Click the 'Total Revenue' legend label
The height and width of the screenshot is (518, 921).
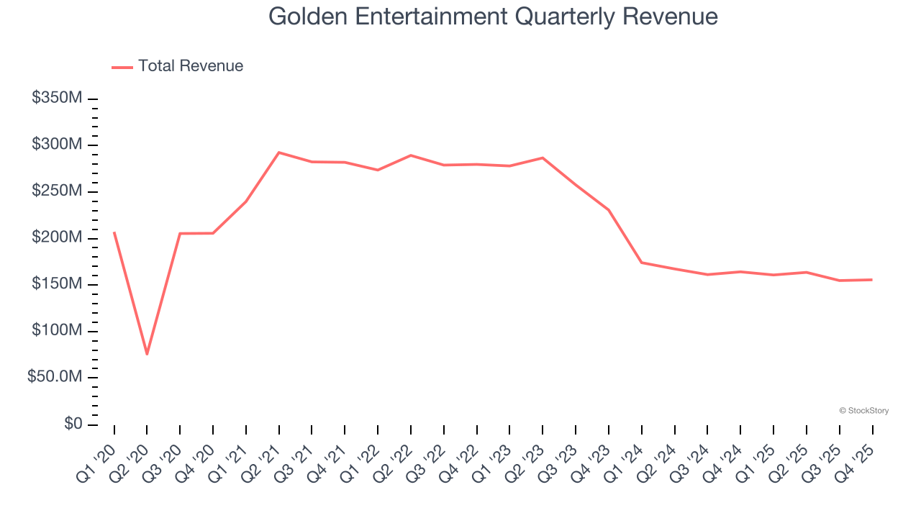191,66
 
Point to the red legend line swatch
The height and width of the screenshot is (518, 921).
122,67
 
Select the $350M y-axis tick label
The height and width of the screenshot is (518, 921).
57,98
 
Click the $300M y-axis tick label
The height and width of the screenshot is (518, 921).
57,145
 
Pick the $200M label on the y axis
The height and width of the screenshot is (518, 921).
57,238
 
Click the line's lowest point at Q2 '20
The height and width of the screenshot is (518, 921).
147,354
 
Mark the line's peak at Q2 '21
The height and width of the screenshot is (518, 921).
278,153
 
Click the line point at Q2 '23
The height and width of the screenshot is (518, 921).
543,158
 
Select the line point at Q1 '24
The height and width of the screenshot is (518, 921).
641,263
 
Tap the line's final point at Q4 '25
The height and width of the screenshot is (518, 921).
872,280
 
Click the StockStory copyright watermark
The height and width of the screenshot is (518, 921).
863,411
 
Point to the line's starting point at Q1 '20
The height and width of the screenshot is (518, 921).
114,232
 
